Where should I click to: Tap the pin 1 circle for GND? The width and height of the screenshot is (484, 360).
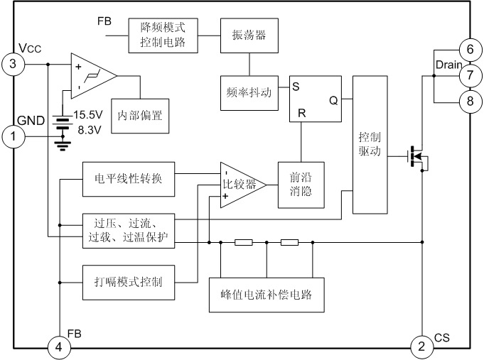point(14,136)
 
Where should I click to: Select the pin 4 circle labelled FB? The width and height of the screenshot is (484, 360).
point(60,347)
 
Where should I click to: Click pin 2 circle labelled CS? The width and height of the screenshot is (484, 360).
point(421,347)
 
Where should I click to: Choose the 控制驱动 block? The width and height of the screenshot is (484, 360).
point(370,144)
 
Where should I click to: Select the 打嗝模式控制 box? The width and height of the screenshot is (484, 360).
point(123,283)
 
